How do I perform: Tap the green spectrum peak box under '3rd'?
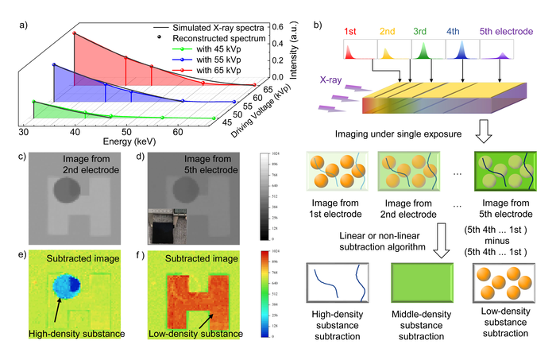422,53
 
